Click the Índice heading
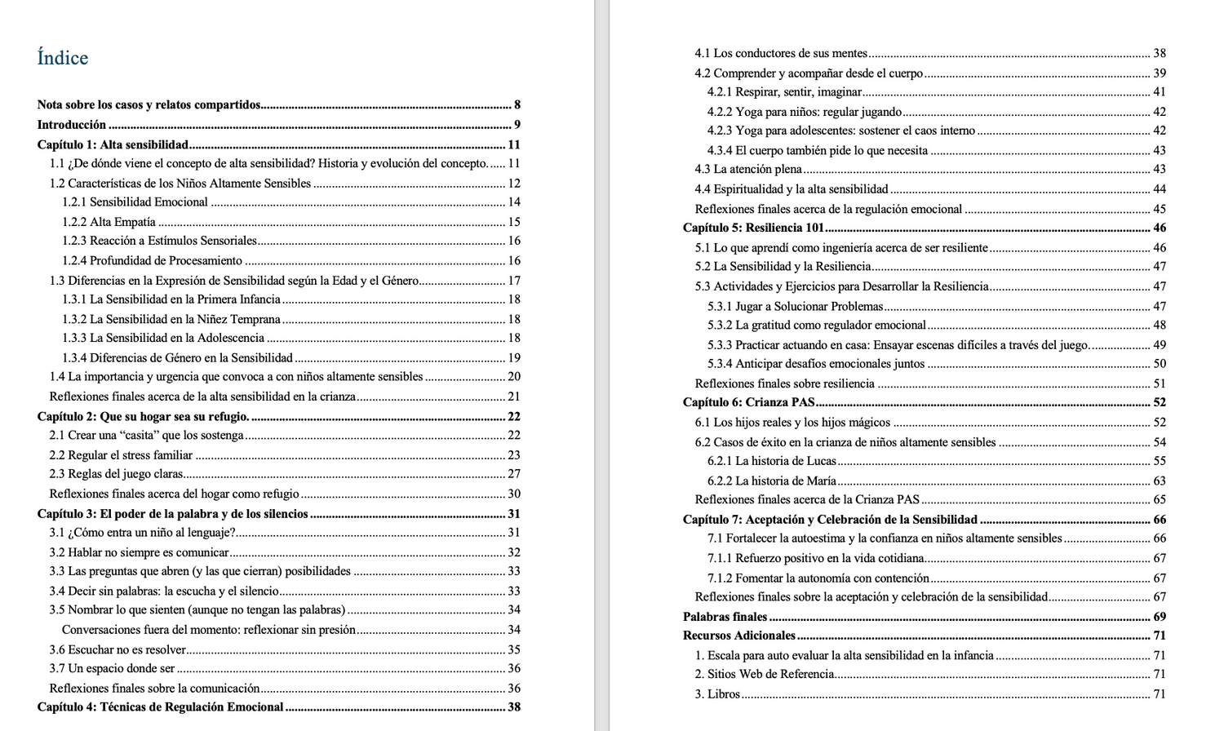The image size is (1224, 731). [63, 58]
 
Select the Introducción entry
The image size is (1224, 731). [72, 125]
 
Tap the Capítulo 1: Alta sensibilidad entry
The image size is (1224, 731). [113, 144]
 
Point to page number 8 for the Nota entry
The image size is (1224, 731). [517, 105]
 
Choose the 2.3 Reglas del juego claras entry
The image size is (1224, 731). [116, 474]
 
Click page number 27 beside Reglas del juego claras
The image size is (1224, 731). [514, 474]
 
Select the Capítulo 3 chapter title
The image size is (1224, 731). [173, 514]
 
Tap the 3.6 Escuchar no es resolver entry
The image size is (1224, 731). [118, 649]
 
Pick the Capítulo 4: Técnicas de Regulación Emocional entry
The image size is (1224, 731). [161, 707]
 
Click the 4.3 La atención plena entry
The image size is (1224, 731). [748, 170]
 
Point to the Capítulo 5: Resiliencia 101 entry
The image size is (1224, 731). [753, 228]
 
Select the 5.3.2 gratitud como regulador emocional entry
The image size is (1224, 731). [816, 326]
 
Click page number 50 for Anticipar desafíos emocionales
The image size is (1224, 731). [1160, 364]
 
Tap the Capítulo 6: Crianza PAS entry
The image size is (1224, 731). [748, 402]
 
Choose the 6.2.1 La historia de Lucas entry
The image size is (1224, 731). [772, 461]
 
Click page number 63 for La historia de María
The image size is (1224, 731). [1160, 481]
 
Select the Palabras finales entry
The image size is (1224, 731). [725, 617]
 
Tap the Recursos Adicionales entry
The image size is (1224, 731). [738, 636]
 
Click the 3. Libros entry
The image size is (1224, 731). [717, 694]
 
